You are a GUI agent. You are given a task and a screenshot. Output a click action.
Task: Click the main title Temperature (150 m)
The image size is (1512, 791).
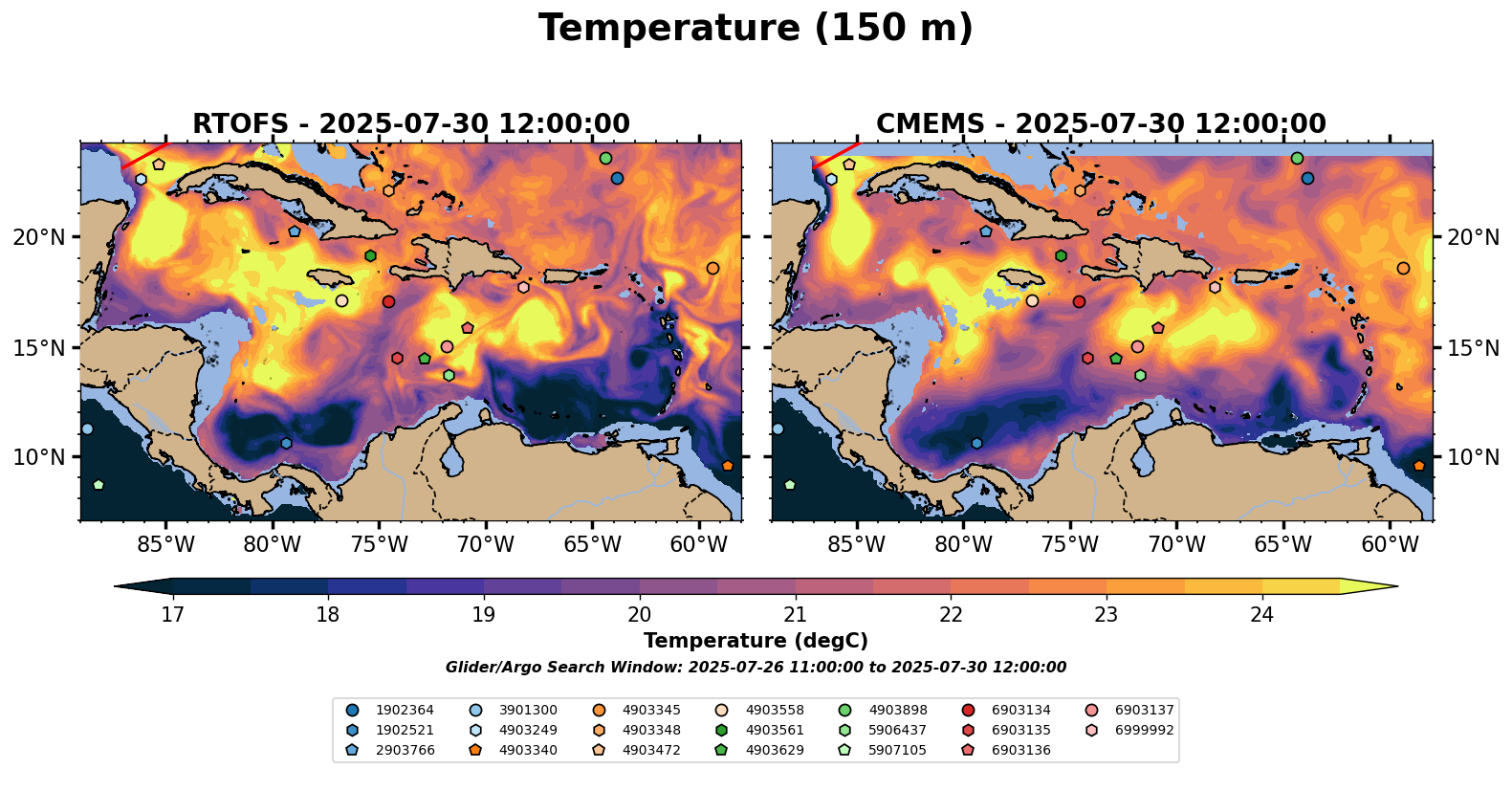click(756, 29)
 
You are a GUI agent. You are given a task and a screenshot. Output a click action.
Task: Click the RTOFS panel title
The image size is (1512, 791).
click(411, 124)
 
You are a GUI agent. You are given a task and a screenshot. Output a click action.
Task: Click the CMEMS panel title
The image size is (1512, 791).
click(1101, 124)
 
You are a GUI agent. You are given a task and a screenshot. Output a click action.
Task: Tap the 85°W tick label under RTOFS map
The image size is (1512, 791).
click(166, 545)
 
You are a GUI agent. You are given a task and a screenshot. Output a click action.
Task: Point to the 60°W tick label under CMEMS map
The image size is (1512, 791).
click(1390, 545)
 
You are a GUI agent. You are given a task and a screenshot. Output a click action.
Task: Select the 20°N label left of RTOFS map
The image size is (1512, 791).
click(39, 237)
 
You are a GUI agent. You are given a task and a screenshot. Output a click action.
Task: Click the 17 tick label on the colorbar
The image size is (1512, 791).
click(172, 614)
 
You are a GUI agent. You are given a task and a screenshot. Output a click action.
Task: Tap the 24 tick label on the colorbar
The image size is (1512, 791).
click(1262, 614)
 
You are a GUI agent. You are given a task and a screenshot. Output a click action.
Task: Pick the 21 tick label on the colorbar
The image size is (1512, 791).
click(795, 614)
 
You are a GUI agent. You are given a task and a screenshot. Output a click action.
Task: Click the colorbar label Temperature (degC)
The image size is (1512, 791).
click(756, 641)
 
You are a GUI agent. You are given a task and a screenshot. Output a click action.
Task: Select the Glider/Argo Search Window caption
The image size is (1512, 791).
click(756, 668)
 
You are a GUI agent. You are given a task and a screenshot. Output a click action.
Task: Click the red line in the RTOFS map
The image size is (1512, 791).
click(144, 155)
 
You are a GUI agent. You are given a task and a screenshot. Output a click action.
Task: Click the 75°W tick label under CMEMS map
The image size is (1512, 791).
click(1070, 545)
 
